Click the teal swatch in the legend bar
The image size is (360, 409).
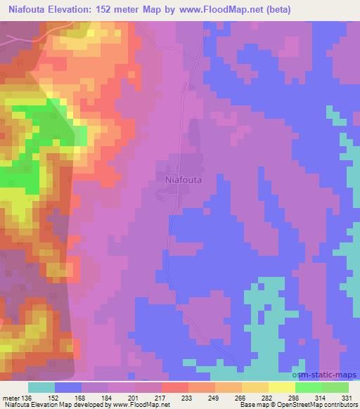click(41, 387)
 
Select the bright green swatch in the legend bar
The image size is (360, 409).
click(308, 387)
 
